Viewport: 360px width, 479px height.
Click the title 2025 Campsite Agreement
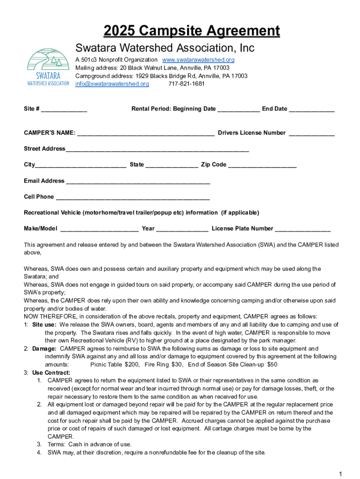[192, 31]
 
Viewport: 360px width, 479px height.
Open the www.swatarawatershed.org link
[198, 60]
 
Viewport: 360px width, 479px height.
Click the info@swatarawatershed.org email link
[112, 84]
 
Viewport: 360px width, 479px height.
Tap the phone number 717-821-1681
[186, 84]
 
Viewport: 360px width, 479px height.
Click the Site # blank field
[64, 110]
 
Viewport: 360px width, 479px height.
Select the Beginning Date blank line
[238, 110]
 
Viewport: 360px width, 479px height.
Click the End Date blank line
[311, 110]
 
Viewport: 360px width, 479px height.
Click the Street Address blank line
[157, 150]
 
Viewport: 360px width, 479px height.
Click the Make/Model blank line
[100, 230]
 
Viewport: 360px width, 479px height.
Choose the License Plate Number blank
[302, 230]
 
